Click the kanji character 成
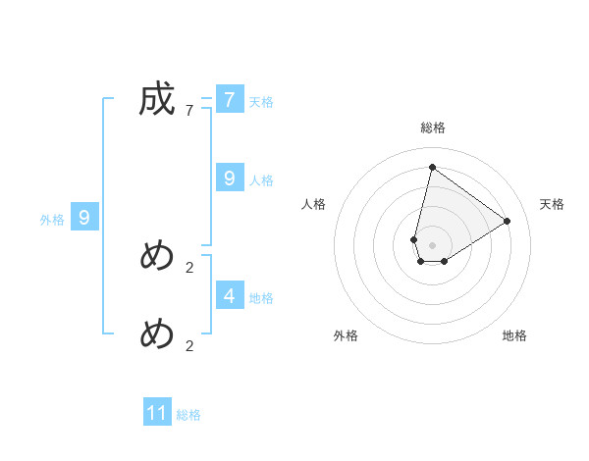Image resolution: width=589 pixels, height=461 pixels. coord(157,100)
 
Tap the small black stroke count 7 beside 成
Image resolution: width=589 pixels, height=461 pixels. coord(188,111)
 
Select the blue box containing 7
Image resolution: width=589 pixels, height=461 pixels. coord(230,100)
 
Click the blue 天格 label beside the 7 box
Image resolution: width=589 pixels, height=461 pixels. coord(261,102)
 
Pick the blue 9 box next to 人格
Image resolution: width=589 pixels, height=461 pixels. coord(230,178)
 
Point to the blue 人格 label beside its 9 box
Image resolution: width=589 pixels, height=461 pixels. coord(261,180)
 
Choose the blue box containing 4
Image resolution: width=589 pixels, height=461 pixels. coord(230,294)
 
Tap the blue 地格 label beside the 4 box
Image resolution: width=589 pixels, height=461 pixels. coord(261,298)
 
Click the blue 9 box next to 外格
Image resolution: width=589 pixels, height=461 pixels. coord(84,218)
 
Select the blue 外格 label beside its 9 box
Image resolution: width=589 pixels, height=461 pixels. coord(52,221)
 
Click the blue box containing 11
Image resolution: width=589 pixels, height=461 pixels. coord(157,413)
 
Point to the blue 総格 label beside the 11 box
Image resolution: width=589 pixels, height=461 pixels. coord(188,416)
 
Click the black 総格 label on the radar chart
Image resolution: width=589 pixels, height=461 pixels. coord(432,128)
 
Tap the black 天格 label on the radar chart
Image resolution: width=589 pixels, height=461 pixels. coord(552,204)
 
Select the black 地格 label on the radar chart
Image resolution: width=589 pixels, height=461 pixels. coord(514,335)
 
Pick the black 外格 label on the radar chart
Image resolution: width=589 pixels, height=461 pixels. coord(346,335)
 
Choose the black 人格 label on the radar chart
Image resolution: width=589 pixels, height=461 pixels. coord(314,204)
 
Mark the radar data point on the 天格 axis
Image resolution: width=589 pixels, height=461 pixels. coord(508,221)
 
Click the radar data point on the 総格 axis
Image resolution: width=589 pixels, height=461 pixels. coord(432,167)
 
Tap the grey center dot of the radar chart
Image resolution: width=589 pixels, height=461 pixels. coord(432,245)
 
